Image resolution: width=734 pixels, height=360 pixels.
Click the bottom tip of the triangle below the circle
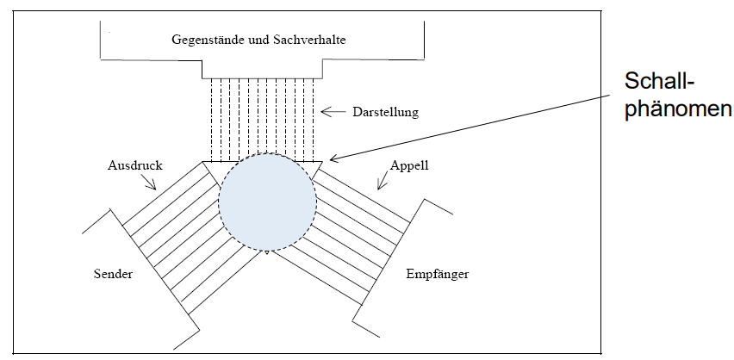point(268,255)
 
